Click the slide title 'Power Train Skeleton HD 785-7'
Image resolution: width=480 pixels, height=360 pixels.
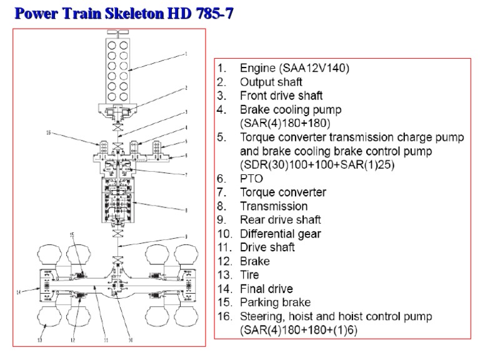pos(119,13)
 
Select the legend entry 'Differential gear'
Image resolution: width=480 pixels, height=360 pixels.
pos(281,234)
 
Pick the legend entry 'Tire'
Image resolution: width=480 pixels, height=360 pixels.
pos(249,275)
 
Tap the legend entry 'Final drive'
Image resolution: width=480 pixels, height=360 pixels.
pos(266,289)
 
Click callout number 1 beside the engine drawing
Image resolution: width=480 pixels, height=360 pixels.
pos(186,55)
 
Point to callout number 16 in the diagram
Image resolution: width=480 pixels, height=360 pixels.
pos(48,133)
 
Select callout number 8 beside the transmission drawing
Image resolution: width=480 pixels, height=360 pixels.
pos(186,211)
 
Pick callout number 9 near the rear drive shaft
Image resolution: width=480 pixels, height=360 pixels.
pos(186,236)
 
